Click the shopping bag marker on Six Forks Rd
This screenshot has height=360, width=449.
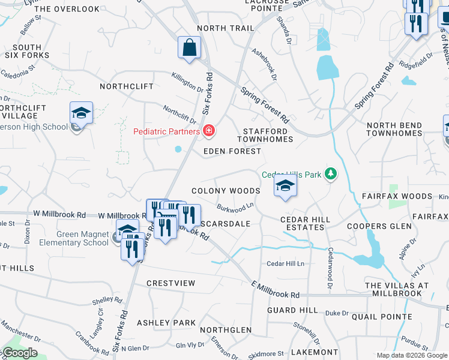click(x=190, y=48)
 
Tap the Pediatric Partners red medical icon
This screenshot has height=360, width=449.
click(x=209, y=130)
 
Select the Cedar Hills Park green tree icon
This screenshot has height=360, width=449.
click(x=330, y=175)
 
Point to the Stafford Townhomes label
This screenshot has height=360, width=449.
click(x=268, y=135)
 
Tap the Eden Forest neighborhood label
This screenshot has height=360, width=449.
click(x=232, y=151)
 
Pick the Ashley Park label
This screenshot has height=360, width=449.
click(x=166, y=323)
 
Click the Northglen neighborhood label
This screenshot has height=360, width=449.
click(x=226, y=330)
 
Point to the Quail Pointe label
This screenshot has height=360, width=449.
click(x=383, y=317)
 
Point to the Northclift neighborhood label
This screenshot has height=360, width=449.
click(x=123, y=86)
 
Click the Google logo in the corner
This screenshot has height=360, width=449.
click(x=19, y=353)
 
